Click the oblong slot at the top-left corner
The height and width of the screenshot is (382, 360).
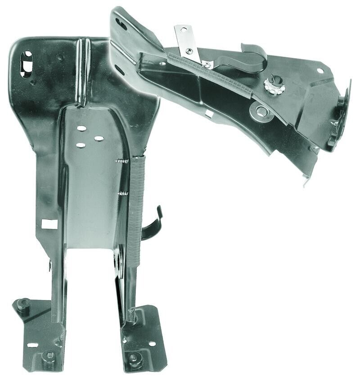point(27,64)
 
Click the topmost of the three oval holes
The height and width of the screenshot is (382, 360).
point(81,128)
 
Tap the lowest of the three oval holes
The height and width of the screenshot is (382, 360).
point(81,145)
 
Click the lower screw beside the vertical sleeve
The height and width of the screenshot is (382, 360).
point(122,194)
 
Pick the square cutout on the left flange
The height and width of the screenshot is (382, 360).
point(49,224)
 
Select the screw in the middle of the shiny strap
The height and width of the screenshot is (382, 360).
point(189,51)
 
